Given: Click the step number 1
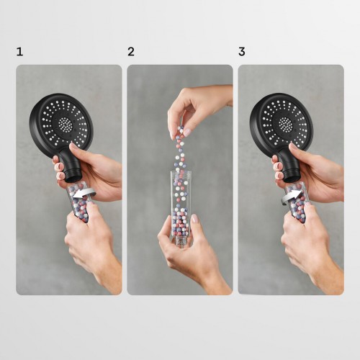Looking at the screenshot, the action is coord(19,52).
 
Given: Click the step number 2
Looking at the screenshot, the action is coord(131,52).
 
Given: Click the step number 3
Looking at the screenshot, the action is coord(242,52).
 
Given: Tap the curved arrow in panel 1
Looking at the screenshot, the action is coord(84,193).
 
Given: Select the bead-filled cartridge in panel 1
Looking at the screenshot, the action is coord(78,202).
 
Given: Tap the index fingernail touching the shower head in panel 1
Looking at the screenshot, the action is coord(73,146).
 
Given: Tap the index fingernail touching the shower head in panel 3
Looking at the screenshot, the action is coord(293,145).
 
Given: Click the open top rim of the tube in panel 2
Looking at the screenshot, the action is coord(181,172).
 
